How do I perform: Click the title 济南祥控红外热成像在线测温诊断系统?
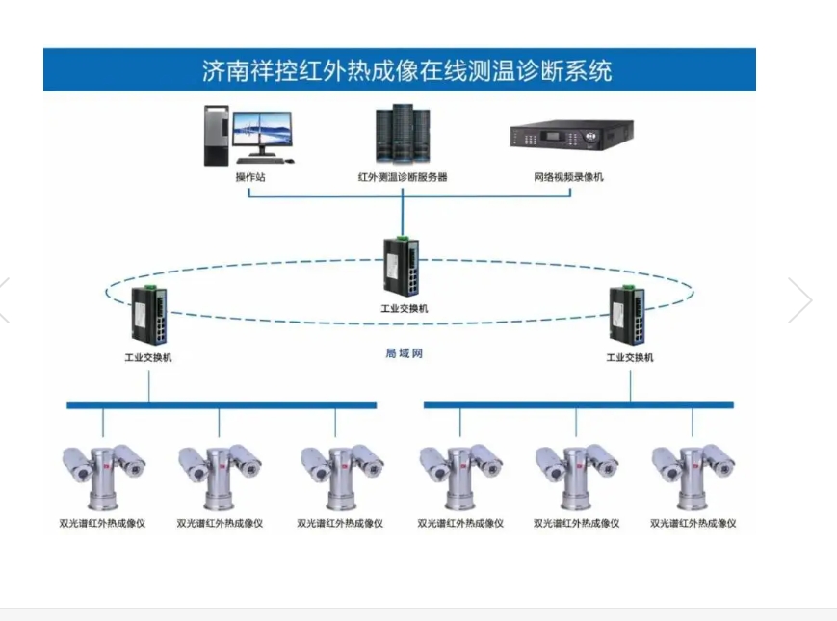coord(400,70)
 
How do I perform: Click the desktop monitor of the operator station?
coord(263,135)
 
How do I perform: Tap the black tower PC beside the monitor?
coord(217,136)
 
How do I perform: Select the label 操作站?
coord(249,177)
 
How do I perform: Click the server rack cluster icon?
coord(402,136)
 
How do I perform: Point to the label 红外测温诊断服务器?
coord(402,177)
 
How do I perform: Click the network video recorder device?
coord(571,135)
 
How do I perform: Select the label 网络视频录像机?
coord(569,177)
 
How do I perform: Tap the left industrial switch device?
coord(149,315)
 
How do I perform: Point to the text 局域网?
coord(405,353)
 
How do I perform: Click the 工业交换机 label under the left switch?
coord(148,357)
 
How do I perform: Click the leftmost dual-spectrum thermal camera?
coord(102,475)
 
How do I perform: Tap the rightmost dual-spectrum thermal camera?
coord(693,475)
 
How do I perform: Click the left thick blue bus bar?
coord(222,405)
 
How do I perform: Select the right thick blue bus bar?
coord(578,405)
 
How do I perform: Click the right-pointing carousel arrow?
coord(800,300)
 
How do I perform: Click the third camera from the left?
coord(339,475)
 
